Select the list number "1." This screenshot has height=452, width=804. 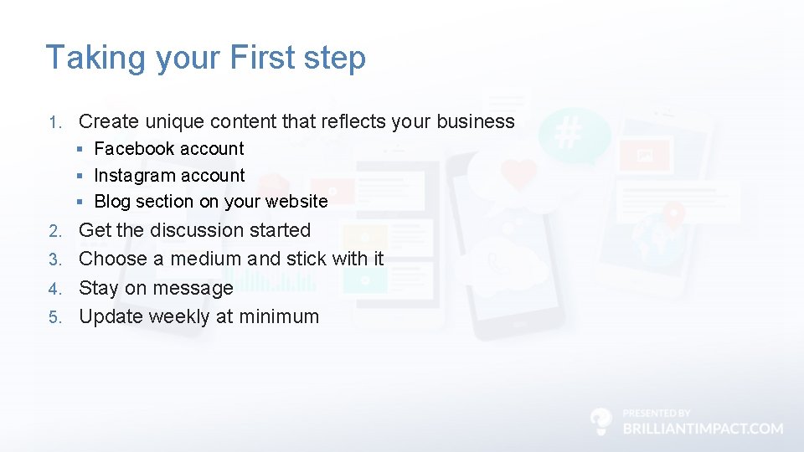click(54, 122)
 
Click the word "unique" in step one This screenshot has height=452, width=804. click(174, 121)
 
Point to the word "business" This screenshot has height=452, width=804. click(475, 121)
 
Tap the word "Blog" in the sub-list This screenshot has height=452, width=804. click(112, 202)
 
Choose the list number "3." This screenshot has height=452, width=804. click(54, 259)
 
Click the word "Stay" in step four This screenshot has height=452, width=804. click(98, 289)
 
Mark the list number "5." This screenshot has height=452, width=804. click(54, 317)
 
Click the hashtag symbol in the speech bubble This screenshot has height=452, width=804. click(569, 133)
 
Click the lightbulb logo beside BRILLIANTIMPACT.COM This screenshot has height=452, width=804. click(600, 421)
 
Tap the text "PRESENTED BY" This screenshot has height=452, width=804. click(657, 413)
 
